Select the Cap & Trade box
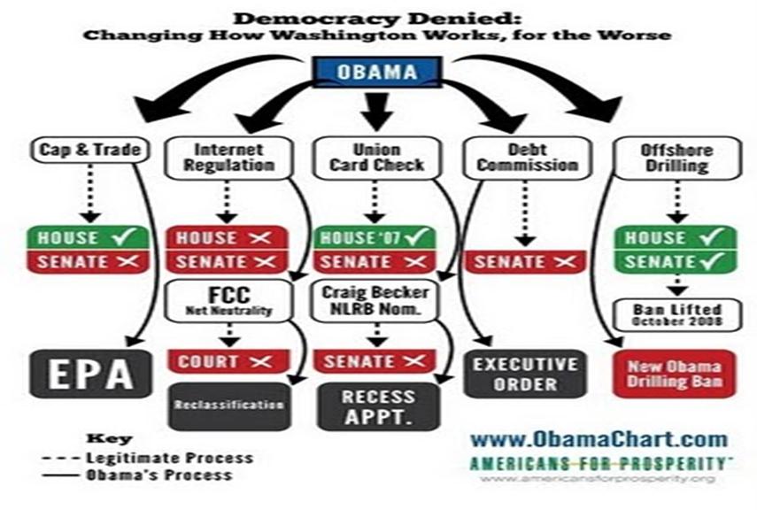tap(78, 150)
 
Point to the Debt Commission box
tap(522, 157)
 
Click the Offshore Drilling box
tap(675, 157)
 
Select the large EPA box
tap(81, 373)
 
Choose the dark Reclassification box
tap(229, 406)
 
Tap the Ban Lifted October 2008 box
tap(675, 314)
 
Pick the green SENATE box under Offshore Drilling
tap(675, 261)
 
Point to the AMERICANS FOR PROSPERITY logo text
tap(599, 463)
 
